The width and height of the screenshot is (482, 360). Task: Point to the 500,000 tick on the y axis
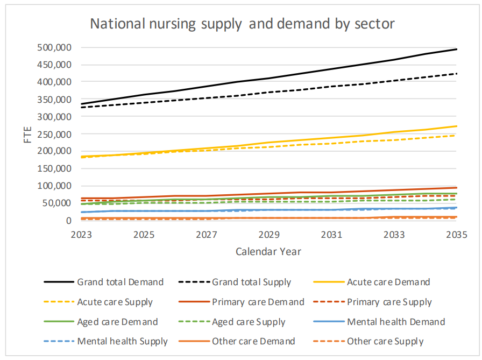coord(54,47)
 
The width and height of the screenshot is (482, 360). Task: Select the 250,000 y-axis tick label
coord(54,134)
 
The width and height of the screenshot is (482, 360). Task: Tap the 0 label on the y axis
coord(68,221)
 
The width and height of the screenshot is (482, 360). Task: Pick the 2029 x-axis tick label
coord(268,235)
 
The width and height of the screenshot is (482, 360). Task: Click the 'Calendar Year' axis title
coord(268,251)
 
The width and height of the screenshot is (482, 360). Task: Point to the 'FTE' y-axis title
coord(28,134)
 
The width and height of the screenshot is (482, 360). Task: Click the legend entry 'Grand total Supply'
coord(251,282)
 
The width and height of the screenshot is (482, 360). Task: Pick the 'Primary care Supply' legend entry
coord(389,302)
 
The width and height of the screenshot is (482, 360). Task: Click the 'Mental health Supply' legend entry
coord(122,341)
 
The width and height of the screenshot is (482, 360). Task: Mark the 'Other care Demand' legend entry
coord(253,341)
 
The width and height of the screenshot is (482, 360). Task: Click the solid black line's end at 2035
coord(457,49)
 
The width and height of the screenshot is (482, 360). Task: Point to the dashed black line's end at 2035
coord(457,74)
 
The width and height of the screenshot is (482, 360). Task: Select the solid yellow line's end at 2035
coord(457,126)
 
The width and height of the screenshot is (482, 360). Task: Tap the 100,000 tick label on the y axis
coord(54,186)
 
